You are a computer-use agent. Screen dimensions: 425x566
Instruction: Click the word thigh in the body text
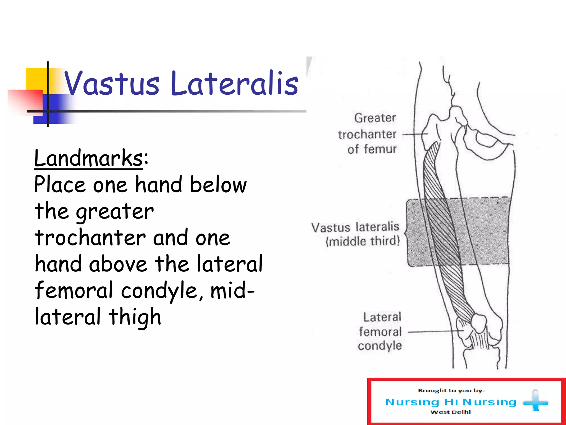[135, 317]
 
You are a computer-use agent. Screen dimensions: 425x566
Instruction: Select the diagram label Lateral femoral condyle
[380, 331]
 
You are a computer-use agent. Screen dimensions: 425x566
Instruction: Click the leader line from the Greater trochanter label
[415, 134]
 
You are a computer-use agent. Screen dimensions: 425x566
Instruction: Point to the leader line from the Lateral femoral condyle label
[434, 331]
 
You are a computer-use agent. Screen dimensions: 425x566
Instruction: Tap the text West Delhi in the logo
[450, 412]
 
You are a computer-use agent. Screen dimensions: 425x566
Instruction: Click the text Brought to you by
[450, 390]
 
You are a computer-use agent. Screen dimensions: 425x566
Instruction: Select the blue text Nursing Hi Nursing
[450, 402]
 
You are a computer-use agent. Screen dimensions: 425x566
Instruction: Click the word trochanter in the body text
[90, 238]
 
